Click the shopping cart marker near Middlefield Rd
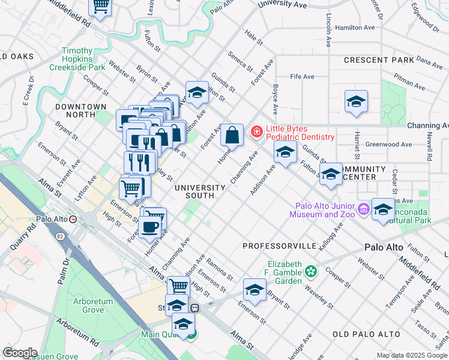100,7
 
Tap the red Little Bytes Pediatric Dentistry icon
257,131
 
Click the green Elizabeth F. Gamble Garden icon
310,272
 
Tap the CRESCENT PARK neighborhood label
379,60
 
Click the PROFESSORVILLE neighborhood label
279,246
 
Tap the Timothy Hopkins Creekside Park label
84,59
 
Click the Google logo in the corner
19,353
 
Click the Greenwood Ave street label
388,144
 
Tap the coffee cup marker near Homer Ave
149,227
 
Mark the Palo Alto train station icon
73,220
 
